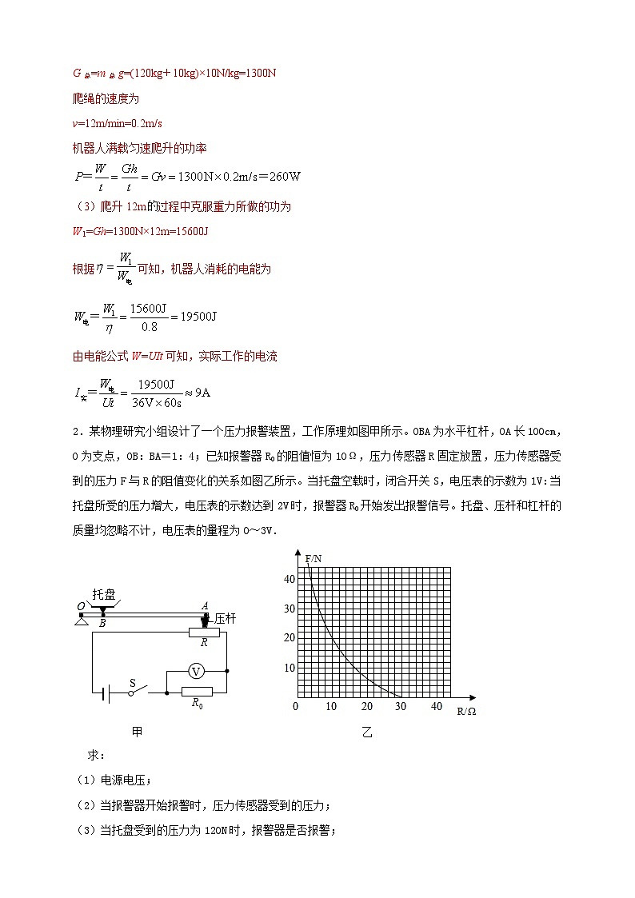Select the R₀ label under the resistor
click(197, 703)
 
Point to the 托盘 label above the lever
click(103, 594)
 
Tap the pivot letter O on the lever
click(81, 607)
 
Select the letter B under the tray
click(102, 622)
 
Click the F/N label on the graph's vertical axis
click(313, 557)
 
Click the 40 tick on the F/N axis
click(290, 579)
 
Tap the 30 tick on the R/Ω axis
click(401, 707)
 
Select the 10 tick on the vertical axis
click(290, 668)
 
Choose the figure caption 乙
click(367, 732)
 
